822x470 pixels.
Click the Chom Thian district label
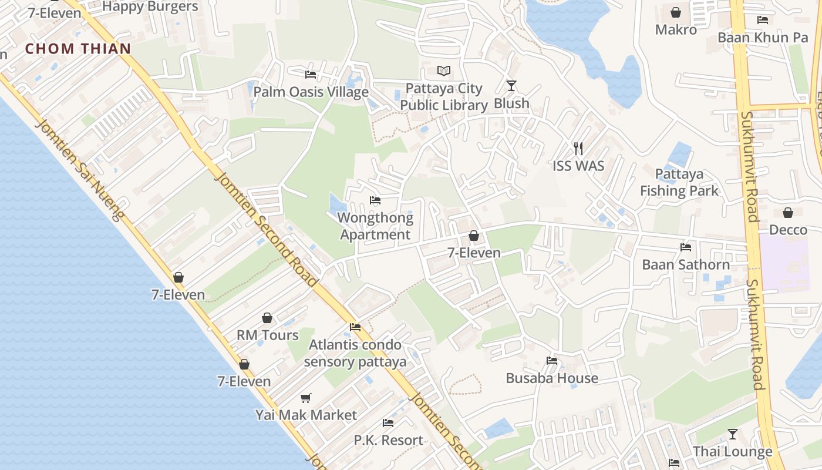tap(78, 48)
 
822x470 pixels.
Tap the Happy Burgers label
tap(150, 6)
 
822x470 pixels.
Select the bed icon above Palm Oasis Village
tap(311, 75)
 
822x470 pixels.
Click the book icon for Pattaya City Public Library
tap(444, 71)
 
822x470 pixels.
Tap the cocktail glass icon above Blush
tap(511, 86)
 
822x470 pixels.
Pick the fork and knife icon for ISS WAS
tap(578, 148)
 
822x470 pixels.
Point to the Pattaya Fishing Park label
tap(679, 182)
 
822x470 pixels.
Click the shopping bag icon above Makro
tap(676, 12)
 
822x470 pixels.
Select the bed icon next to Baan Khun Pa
tap(763, 20)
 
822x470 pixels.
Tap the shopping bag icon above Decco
tap(788, 212)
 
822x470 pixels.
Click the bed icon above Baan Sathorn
tap(685, 247)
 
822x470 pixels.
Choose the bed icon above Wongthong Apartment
tap(375, 200)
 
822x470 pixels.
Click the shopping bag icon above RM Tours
tap(267, 318)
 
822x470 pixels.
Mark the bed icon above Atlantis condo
tap(355, 327)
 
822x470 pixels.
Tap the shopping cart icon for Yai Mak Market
tap(305, 398)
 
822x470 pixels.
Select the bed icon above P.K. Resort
tap(388, 422)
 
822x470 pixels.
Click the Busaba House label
tap(552, 378)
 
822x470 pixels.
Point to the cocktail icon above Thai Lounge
tap(733, 434)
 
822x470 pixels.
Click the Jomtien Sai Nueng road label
tap(80, 170)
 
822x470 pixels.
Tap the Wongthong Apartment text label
tap(375, 226)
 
